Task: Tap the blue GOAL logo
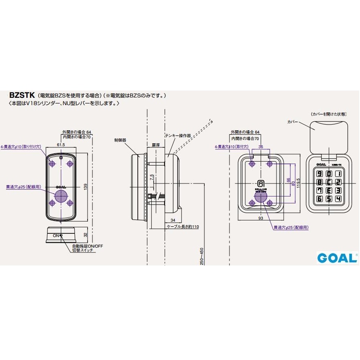coord(336,257)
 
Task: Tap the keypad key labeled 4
coord(338,199)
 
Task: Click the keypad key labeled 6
coord(320,199)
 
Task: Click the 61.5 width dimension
coord(61,144)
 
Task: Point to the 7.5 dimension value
coord(151,178)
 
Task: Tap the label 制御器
coord(120,139)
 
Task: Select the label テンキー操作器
coord(178,135)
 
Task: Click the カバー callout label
coord(292,121)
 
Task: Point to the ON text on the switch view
coord(55,235)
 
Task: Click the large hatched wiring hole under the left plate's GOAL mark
coord(60,197)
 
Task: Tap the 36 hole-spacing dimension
coord(261,147)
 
